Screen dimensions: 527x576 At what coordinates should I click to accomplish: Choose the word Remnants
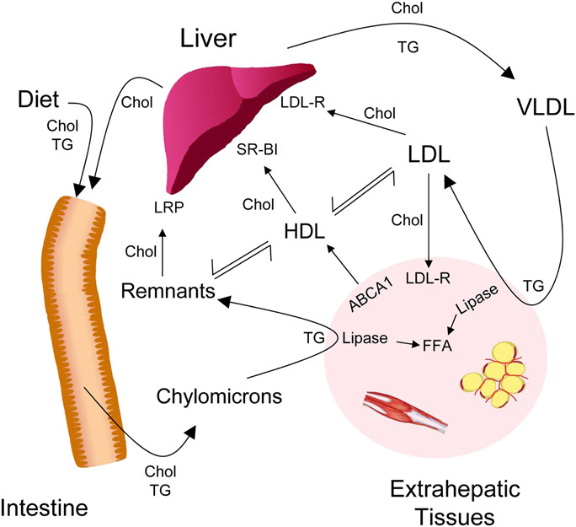(x=163, y=291)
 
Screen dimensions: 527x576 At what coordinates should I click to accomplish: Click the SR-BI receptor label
(x=259, y=152)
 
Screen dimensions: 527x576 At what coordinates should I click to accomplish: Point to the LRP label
(x=169, y=206)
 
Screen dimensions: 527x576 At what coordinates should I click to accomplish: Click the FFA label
(x=440, y=344)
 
